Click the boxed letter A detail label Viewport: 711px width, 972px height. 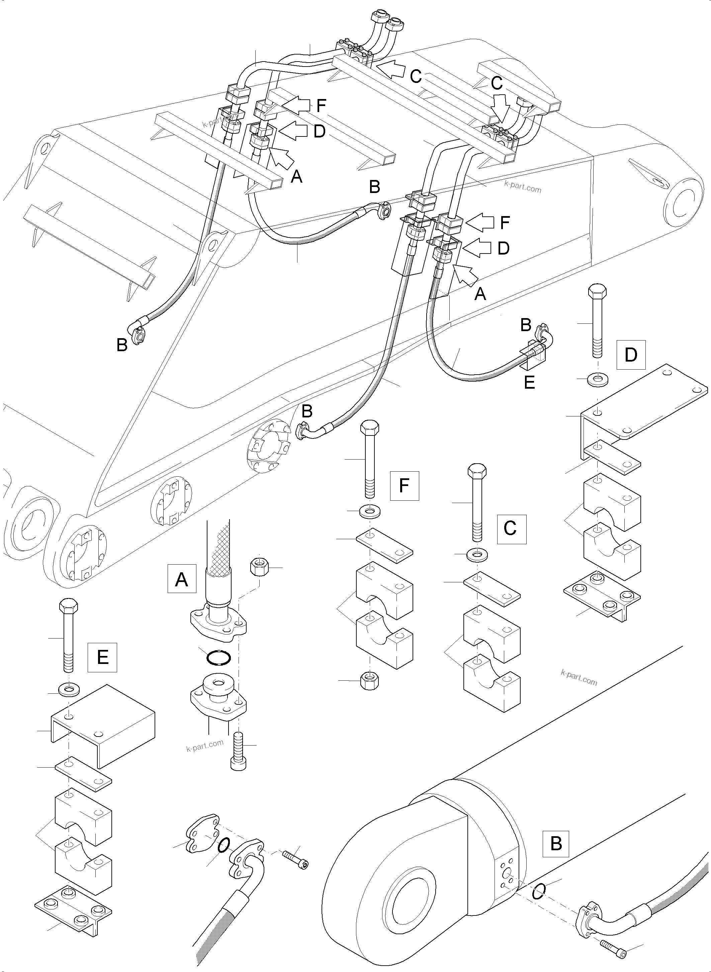pyautogui.click(x=182, y=579)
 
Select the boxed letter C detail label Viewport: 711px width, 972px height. pyautogui.click(x=511, y=529)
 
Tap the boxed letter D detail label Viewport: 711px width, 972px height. pyautogui.click(x=631, y=355)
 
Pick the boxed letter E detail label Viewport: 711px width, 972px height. pyautogui.click(x=102, y=657)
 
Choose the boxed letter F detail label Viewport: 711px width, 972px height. pyautogui.click(x=404, y=485)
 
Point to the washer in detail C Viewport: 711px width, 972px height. pyautogui.click(x=477, y=555)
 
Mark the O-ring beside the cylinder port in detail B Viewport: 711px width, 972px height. pyautogui.click(x=539, y=891)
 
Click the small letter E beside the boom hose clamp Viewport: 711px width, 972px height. pyautogui.click(x=529, y=382)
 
